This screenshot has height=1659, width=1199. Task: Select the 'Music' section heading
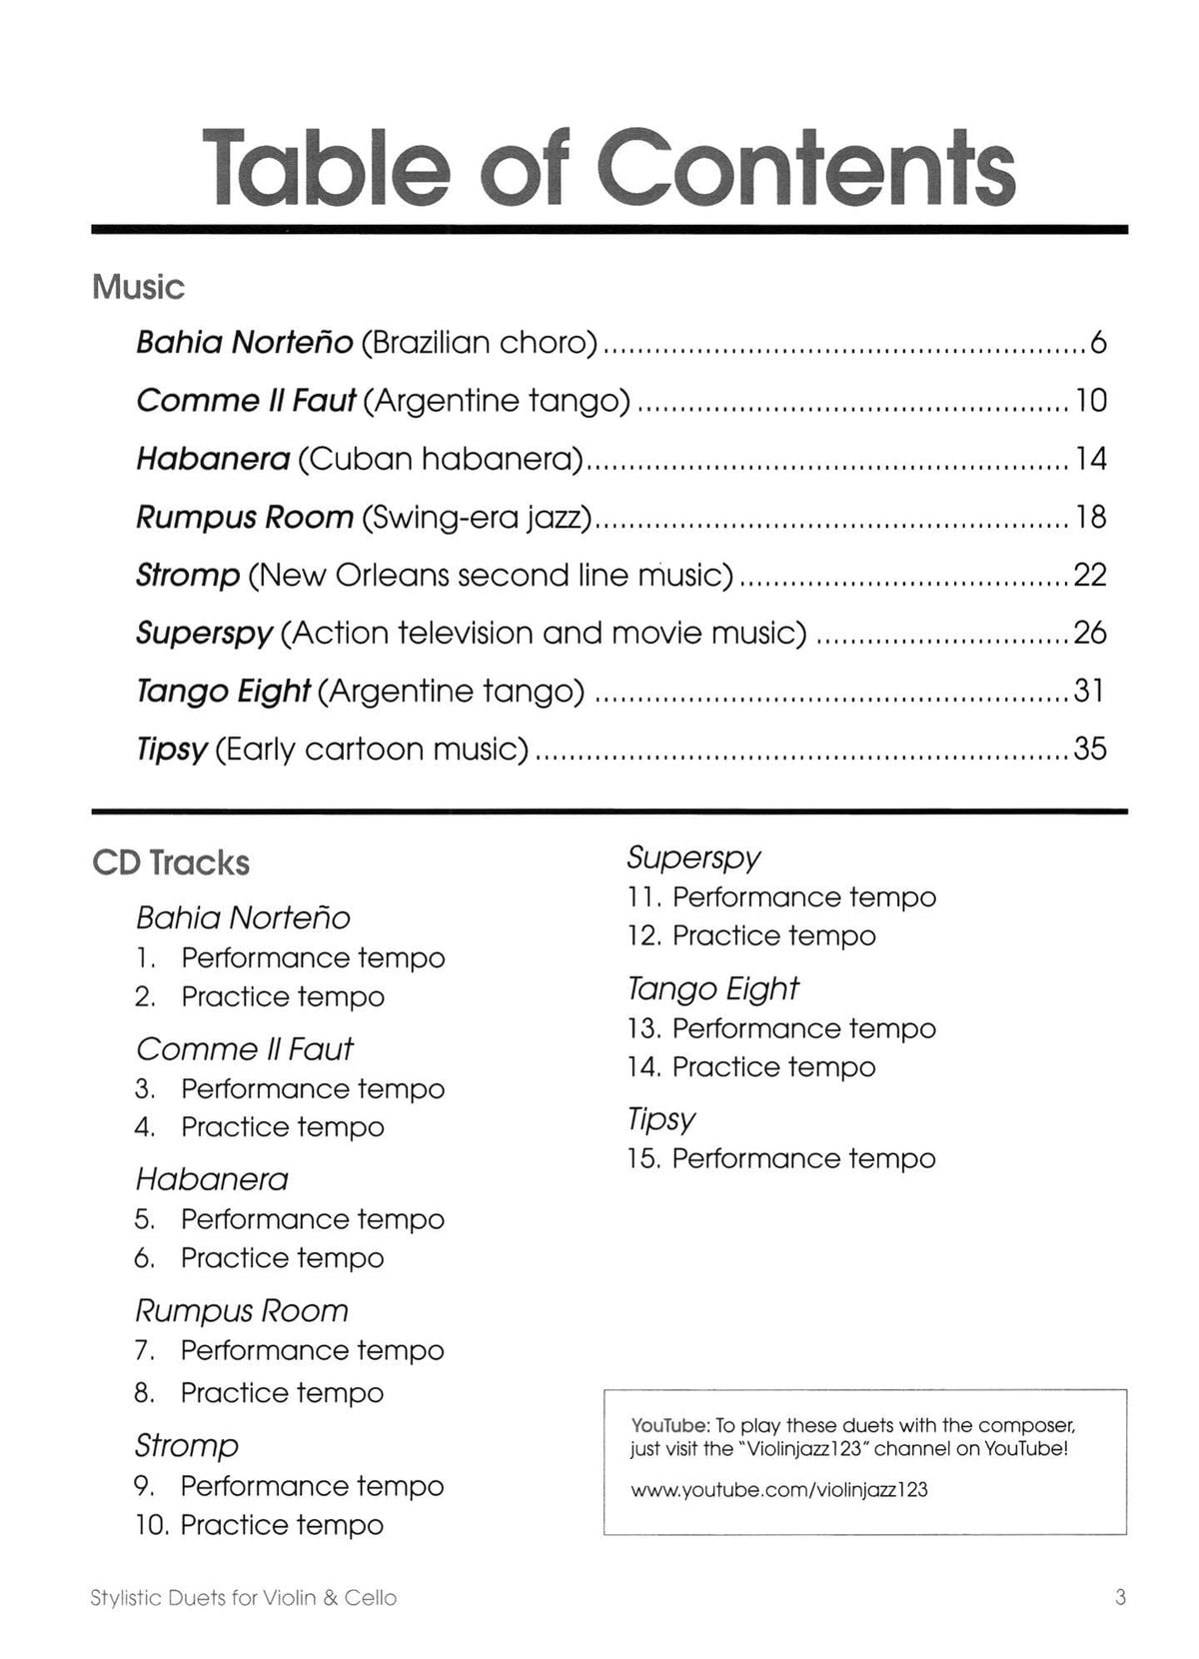click(138, 288)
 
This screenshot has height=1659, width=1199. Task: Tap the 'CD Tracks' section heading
click(171, 863)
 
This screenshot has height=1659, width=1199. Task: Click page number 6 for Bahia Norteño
click(1098, 343)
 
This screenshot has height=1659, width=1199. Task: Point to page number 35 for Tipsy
click(1090, 749)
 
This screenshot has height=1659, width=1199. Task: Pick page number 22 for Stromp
click(1090, 575)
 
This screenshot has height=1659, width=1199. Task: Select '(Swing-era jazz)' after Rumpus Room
click(477, 517)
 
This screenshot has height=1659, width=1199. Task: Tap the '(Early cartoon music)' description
click(372, 749)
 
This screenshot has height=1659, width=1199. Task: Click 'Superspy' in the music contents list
click(204, 633)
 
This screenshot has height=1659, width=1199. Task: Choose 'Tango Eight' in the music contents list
click(223, 691)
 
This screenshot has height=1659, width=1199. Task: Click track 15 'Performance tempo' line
click(781, 1159)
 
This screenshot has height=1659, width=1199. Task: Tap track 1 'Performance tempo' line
click(290, 958)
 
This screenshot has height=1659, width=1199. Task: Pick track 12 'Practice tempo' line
click(751, 936)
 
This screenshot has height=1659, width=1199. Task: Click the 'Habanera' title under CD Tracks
click(212, 1180)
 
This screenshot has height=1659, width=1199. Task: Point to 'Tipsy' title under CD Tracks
click(660, 1119)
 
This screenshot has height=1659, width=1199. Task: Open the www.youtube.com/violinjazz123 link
click(779, 1490)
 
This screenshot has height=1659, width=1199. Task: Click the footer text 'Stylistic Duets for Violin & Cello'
click(244, 1598)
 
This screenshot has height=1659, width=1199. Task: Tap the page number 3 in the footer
click(1120, 1598)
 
